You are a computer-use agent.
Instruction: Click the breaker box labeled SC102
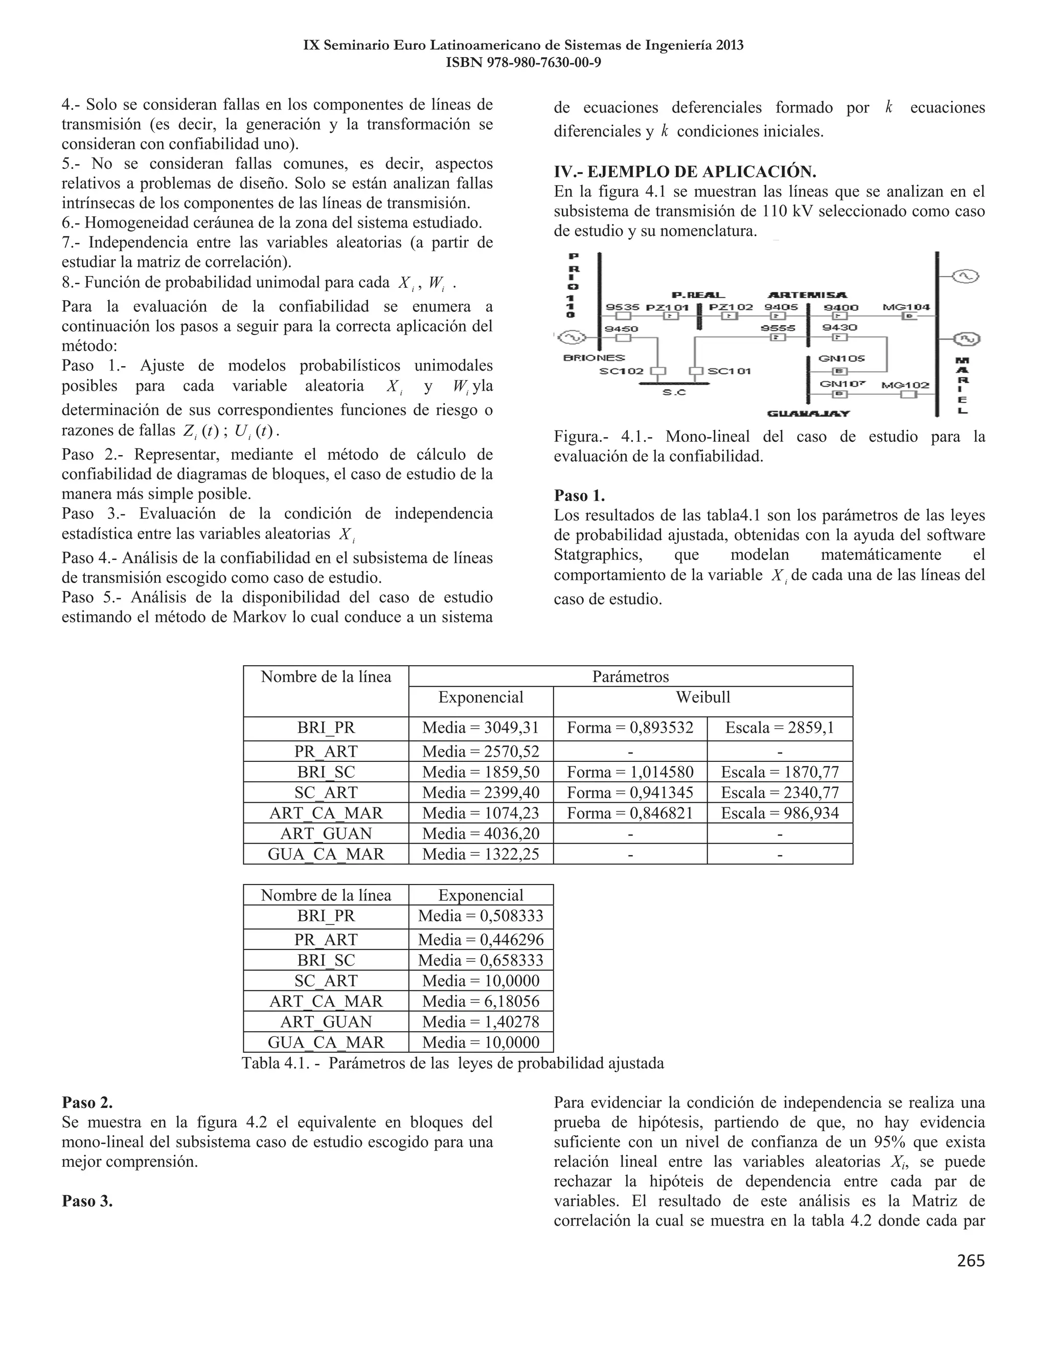(x=661, y=372)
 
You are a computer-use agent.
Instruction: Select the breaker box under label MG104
(x=909, y=317)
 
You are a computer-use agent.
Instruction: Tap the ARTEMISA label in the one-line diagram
(x=808, y=295)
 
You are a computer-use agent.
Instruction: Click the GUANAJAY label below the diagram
(x=808, y=413)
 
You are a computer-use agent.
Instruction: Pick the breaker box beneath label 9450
(x=623, y=338)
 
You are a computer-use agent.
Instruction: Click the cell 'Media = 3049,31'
(x=481, y=728)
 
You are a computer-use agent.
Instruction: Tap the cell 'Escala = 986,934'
(x=780, y=813)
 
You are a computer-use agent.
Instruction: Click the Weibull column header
(x=703, y=697)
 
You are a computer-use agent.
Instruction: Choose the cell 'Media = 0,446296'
(x=481, y=939)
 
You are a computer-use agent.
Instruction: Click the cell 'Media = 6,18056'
(x=481, y=1001)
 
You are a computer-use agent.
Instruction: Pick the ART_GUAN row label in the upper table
(x=326, y=833)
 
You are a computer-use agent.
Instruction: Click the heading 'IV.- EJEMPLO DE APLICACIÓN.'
(x=685, y=171)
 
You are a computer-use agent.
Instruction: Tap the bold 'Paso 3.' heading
(x=87, y=1201)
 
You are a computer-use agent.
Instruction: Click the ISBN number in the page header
(x=523, y=63)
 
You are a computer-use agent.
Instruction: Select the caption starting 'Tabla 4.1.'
(x=453, y=1064)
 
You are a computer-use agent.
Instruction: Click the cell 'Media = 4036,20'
(x=481, y=833)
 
